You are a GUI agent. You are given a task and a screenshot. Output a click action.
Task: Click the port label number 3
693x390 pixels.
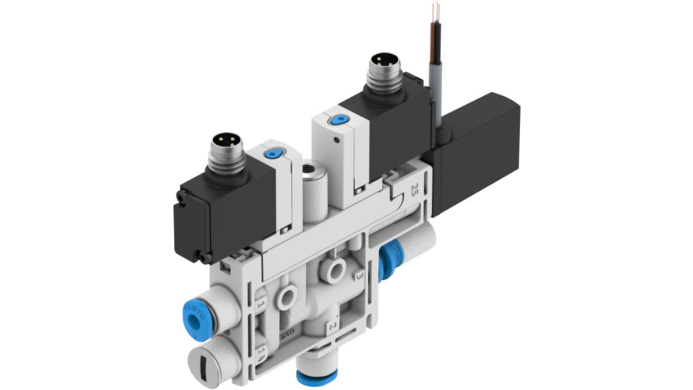pos(360,276)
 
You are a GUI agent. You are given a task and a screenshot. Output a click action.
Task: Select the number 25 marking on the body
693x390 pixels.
pos(415,188)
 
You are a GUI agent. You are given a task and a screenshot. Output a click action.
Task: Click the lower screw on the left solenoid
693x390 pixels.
pos(205,255)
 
